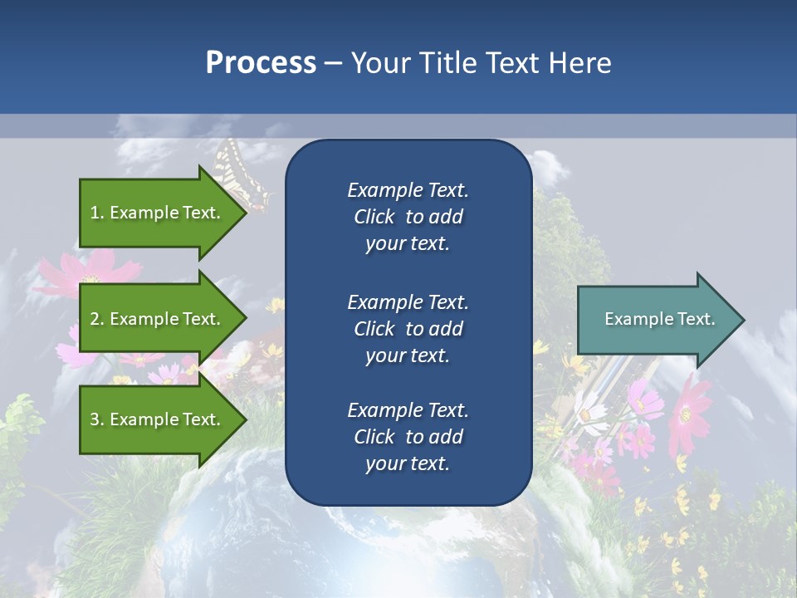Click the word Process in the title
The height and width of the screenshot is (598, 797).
(x=261, y=63)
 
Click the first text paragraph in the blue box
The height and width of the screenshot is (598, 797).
(x=408, y=217)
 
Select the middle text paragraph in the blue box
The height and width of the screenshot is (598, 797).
(x=408, y=329)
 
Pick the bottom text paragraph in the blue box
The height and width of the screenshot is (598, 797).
(x=408, y=437)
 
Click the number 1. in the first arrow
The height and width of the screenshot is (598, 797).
(x=96, y=213)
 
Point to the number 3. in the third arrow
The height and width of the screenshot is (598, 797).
(x=96, y=419)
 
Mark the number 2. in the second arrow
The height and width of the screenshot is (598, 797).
(x=96, y=319)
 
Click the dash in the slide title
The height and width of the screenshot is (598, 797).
(x=334, y=63)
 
